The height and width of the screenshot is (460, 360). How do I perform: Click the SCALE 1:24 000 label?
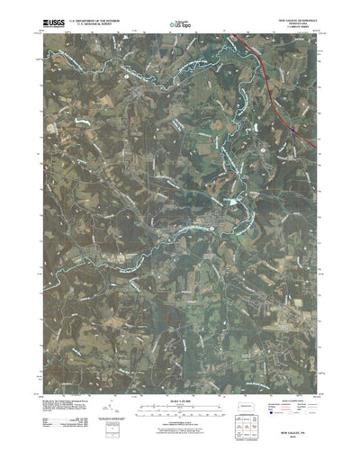(178, 389)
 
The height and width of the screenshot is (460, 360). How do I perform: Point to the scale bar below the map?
(178, 398)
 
